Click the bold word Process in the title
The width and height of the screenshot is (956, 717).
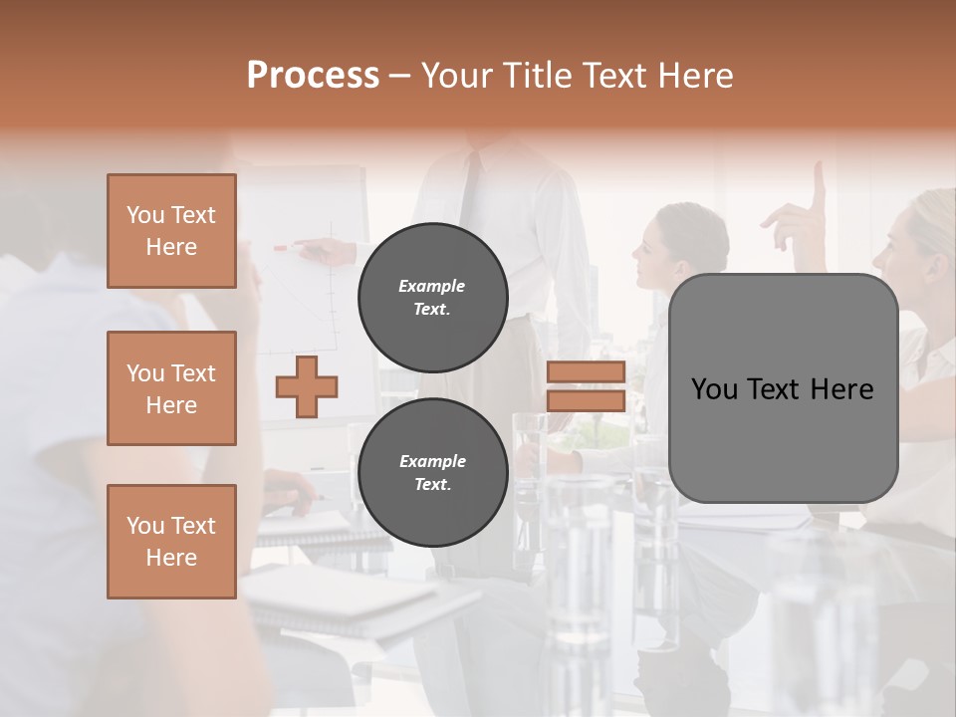coord(313,76)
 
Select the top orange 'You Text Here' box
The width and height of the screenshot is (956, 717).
coord(171,231)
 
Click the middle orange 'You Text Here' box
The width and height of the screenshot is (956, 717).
coord(171,388)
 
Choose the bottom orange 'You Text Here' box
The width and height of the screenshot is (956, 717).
coord(171,542)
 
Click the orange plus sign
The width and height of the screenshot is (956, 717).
coord(307,386)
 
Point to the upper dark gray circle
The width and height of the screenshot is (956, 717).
coord(432,297)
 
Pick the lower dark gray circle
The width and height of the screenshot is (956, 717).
coord(432,472)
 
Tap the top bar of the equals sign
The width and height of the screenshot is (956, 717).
coord(586,371)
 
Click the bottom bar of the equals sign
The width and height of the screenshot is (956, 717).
coord(586,400)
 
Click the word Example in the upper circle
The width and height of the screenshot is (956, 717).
coord(432,286)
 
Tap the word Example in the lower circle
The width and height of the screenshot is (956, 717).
coord(432,461)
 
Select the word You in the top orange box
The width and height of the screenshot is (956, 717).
coord(145,215)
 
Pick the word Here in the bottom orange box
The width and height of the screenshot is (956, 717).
coord(171,558)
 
